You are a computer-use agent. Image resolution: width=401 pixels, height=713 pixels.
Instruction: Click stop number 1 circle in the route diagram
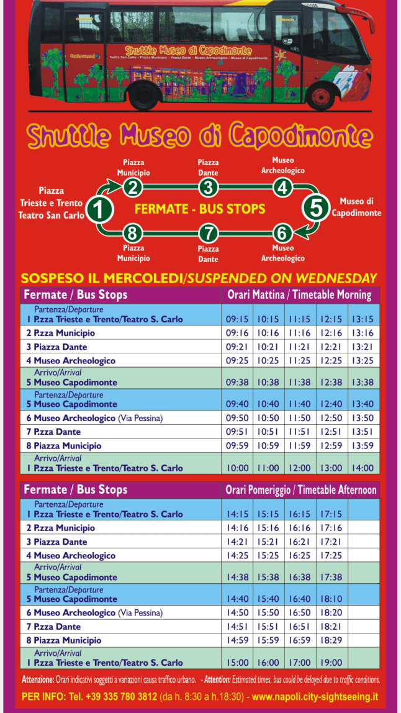tap(99, 209)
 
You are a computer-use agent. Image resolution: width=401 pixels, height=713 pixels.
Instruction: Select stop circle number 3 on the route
tap(209, 187)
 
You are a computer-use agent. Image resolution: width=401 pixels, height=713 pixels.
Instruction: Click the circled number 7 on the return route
tap(209, 234)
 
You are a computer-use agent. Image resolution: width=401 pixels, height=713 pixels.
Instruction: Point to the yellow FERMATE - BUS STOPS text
tap(200, 209)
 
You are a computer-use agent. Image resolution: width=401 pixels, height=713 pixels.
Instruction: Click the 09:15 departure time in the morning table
tap(237, 319)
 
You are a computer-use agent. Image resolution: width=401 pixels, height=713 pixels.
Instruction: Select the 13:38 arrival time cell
tap(363, 383)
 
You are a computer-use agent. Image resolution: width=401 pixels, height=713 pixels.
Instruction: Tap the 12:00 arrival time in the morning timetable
tap(300, 468)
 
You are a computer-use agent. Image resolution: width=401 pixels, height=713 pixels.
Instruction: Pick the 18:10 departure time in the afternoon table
tap(331, 599)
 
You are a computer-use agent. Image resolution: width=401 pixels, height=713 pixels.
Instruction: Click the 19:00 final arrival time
tap(331, 663)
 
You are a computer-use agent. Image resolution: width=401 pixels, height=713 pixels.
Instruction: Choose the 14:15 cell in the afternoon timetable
tap(237, 514)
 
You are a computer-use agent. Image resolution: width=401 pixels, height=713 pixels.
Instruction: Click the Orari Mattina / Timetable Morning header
tap(299, 295)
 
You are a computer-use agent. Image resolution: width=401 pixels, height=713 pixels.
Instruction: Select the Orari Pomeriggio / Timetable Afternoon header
tap(300, 490)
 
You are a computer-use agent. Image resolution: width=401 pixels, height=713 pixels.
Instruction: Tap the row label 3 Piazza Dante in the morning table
tap(56, 347)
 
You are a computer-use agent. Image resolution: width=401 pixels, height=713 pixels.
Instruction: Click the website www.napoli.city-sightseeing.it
tap(315, 697)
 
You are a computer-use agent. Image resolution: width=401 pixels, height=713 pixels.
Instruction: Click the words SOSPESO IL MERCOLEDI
tap(103, 278)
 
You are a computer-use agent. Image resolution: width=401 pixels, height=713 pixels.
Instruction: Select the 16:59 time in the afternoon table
tap(300, 640)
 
